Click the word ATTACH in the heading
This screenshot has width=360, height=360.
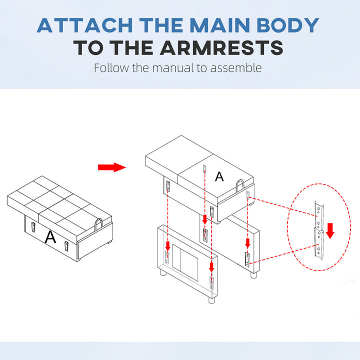pyautogui.click(x=84, y=25)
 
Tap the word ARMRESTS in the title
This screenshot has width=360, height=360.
pyautogui.click(x=221, y=48)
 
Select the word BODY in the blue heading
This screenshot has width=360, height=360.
pyautogui.click(x=288, y=25)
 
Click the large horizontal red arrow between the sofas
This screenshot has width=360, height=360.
pyautogui.click(x=112, y=167)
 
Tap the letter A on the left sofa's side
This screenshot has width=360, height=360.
pyautogui.click(x=50, y=237)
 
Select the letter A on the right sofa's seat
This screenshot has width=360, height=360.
pyautogui.click(x=219, y=176)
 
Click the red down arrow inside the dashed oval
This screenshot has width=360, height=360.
pyautogui.click(x=330, y=230)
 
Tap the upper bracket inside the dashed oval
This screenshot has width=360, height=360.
pyautogui.click(x=319, y=216)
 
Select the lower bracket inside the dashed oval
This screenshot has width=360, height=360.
pyautogui.click(x=319, y=244)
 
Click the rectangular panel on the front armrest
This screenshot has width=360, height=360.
pyautogui.click(x=185, y=262)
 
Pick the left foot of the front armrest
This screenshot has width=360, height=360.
pyautogui.click(x=163, y=272)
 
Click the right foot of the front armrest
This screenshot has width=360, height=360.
pyautogui.click(x=212, y=300)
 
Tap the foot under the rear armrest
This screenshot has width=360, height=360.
pyautogui.click(x=253, y=275)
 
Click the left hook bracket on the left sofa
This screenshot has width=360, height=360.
pyautogui.click(x=33, y=227)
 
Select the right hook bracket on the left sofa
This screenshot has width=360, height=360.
pyautogui.click(x=66, y=246)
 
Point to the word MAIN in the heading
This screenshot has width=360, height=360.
pyautogui.click(x=220, y=25)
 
